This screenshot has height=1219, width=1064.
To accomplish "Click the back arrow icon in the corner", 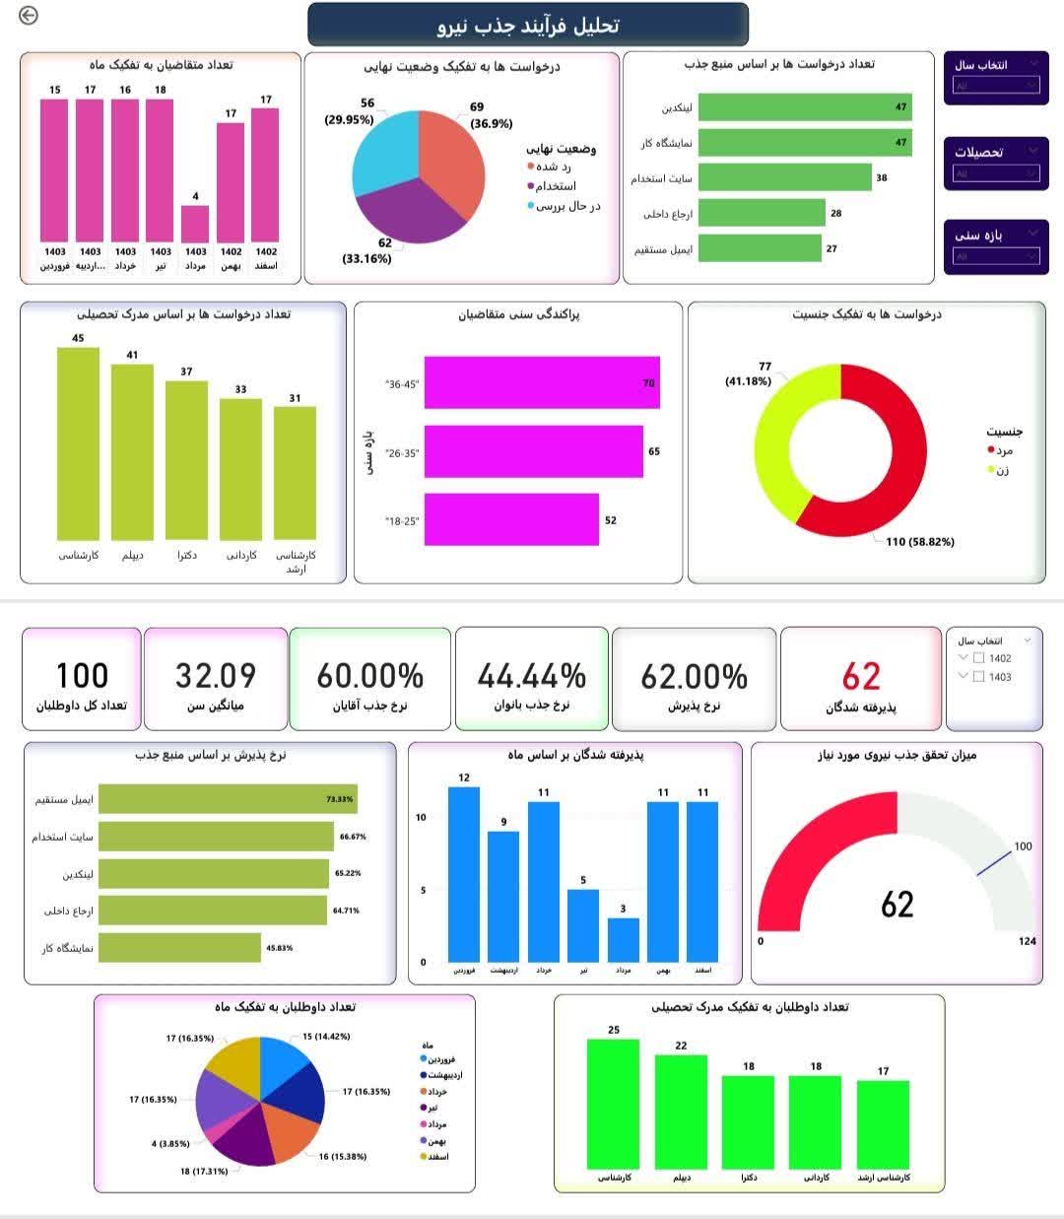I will (x=29, y=15).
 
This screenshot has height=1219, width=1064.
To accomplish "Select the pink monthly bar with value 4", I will (x=195, y=224).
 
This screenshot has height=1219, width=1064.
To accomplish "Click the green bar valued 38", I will (x=784, y=177).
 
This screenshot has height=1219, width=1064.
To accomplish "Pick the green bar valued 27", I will (x=759, y=248).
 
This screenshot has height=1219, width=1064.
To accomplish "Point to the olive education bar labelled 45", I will (x=78, y=443).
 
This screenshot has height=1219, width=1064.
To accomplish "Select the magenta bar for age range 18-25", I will (x=510, y=519).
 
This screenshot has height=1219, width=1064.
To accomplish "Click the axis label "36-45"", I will (x=402, y=384).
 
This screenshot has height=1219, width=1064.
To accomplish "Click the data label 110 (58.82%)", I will (x=919, y=541).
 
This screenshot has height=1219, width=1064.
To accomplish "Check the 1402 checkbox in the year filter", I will (x=978, y=658).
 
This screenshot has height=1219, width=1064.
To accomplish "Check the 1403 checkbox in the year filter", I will (x=978, y=677).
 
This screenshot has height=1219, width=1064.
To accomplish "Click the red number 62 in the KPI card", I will (x=861, y=676).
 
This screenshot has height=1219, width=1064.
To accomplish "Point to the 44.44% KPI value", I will (x=531, y=676).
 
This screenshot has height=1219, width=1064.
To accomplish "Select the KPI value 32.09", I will (x=215, y=676).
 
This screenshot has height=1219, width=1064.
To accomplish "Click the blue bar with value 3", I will (x=623, y=940).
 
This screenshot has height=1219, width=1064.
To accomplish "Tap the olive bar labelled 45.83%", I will (x=179, y=947).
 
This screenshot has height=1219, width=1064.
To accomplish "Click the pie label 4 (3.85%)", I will (x=169, y=1144).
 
